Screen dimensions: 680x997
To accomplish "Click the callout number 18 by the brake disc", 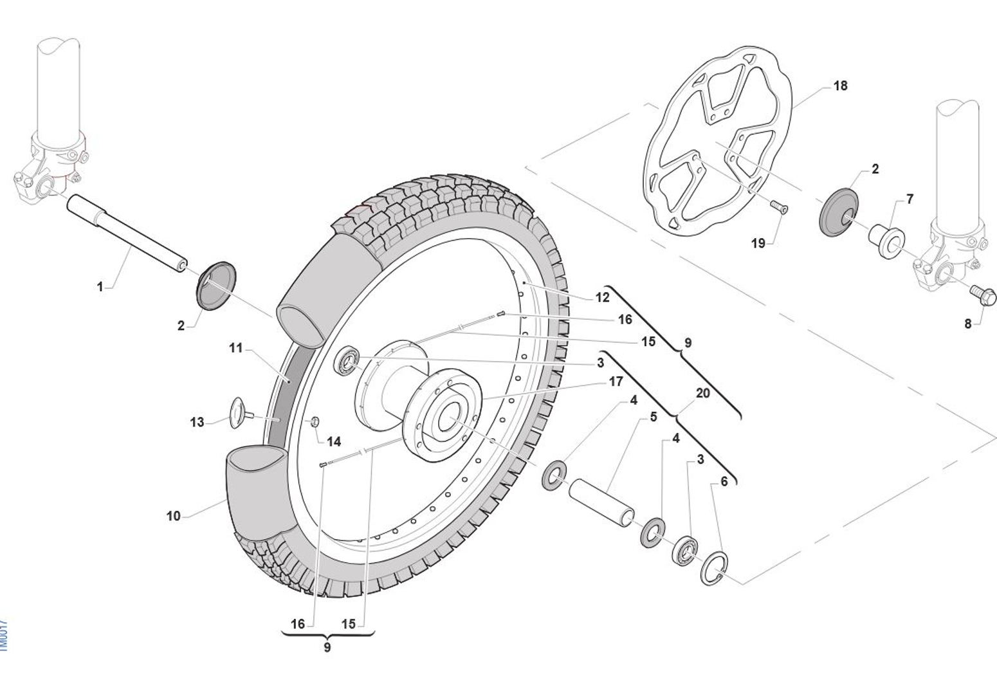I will pyautogui.click(x=840, y=86).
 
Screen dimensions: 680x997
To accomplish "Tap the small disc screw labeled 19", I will pyautogui.click(x=780, y=207).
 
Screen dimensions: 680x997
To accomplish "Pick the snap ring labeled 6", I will pyautogui.click(x=714, y=568).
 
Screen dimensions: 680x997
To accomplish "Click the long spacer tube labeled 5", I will pyautogui.click(x=602, y=501).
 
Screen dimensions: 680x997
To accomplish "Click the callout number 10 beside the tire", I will pyautogui.click(x=173, y=516).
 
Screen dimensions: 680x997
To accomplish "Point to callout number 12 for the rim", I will pyautogui.click(x=602, y=297).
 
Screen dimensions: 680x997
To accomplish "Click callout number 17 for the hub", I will pyautogui.click(x=616, y=381).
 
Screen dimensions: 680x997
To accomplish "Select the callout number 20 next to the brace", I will pyautogui.click(x=702, y=392).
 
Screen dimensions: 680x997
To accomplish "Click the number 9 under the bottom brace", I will pyautogui.click(x=327, y=647).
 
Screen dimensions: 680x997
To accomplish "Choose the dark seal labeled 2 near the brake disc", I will pyautogui.click(x=839, y=209).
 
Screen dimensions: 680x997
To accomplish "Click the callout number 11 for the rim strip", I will pyautogui.click(x=235, y=348).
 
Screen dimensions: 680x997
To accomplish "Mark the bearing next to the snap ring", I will pyautogui.click(x=686, y=550).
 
